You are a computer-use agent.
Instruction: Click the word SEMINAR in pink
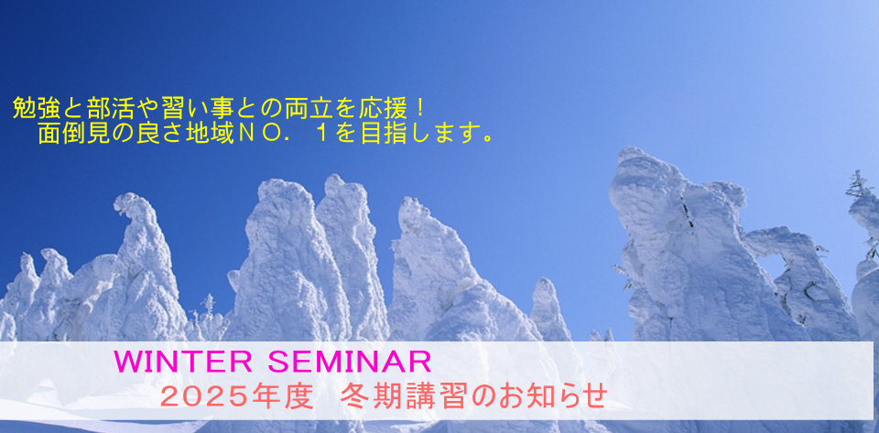pos(349,362)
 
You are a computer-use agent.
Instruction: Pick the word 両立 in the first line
pos(307,108)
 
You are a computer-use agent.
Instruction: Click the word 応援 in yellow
pos(381,108)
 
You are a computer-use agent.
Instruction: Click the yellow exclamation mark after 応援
pos(417,108)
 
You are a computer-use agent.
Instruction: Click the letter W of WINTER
pos(127,362)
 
